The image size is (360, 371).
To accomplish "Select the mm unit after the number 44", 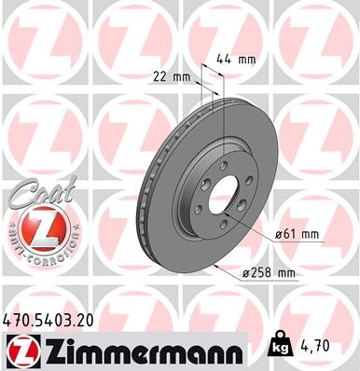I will [x=246, y=59].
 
